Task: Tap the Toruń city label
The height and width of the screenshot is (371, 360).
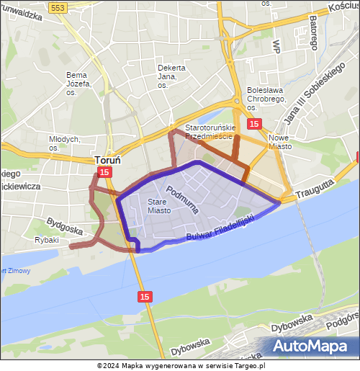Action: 107,160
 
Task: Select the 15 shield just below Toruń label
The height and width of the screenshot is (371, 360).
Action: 104,172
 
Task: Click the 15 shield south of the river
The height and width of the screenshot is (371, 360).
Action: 145,296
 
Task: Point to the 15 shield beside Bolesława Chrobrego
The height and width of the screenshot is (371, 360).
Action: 254,124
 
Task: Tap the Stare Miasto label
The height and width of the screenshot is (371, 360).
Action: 159,207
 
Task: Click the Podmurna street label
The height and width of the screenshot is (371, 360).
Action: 182,199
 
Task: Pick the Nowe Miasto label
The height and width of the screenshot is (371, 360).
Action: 279,141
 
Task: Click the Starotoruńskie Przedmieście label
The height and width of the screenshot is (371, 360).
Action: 209,131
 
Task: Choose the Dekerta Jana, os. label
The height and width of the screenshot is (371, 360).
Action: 171,76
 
